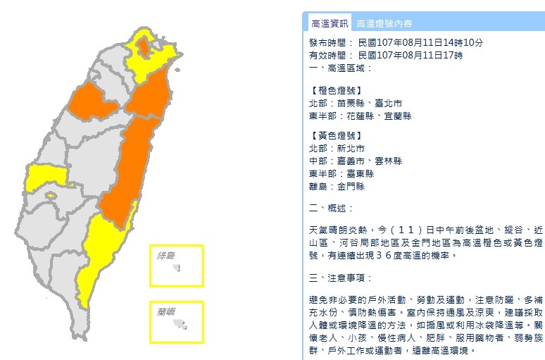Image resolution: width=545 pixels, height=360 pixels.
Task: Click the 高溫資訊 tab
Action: click(x=328, y=23)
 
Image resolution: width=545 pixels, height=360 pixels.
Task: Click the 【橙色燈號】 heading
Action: click(x=336, y=90)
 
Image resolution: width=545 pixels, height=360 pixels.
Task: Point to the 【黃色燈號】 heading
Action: click(x=336, y=135)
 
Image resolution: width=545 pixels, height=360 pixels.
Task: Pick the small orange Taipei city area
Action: click(x=144, y=48)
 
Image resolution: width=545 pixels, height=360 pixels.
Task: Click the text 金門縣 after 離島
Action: click(x=351, y=187)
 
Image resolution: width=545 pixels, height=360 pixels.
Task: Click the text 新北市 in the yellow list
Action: click(x=351, y=149)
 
